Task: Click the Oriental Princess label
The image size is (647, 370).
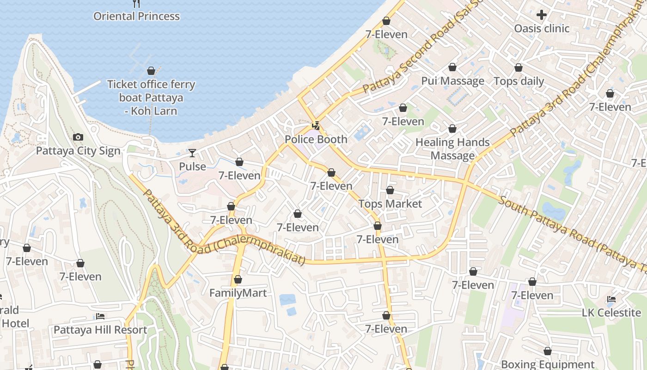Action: point(136,16)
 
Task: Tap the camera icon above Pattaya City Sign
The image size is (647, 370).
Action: point(78,137)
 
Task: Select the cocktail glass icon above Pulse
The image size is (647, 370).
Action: point(192,153)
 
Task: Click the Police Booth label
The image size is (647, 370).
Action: point(316,139)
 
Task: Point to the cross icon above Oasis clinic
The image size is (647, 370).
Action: point(542,15)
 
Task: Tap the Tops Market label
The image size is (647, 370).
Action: point(390,204)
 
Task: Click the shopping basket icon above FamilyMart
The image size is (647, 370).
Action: point(238,279)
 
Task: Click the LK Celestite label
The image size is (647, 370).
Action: point(611,313)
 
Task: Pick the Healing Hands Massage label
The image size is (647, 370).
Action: point(452,148)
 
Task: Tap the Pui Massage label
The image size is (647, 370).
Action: point(452,81)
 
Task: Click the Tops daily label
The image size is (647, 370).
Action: point(519,81)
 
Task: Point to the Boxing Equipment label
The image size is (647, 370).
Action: point(548,364)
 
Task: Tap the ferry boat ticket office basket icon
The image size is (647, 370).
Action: point(151,71)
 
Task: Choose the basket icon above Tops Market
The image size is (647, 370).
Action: point(390,190)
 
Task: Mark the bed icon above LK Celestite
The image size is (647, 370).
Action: point(611,299)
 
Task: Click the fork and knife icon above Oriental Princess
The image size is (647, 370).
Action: point(136,4)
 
